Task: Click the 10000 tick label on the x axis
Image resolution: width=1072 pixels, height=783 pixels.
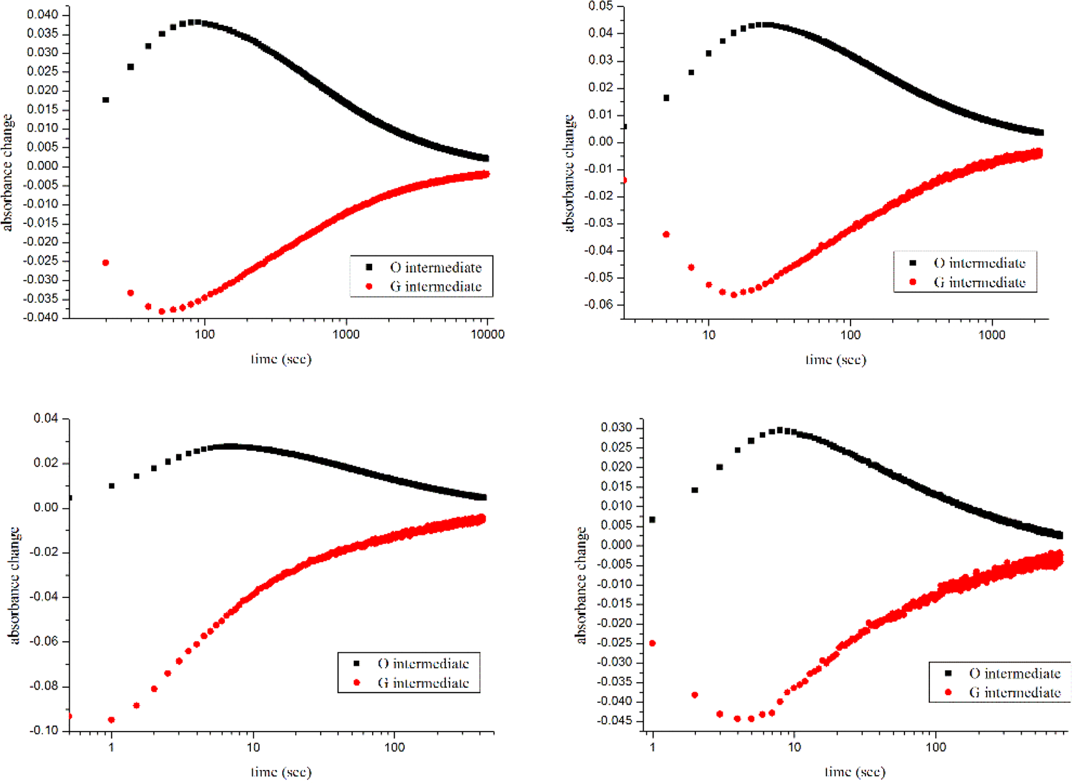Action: [487, 335]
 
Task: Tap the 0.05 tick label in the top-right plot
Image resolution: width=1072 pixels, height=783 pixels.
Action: [601, 6]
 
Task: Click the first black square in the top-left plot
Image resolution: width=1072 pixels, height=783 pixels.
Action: [106, 100]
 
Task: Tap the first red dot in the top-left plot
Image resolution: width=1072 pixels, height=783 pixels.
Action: [106, 263]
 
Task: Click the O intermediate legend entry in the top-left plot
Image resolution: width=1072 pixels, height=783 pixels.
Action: [435, 268]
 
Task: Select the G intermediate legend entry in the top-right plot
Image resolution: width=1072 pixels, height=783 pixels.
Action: [979, 283]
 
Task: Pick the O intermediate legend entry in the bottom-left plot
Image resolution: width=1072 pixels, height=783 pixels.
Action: [423, 664]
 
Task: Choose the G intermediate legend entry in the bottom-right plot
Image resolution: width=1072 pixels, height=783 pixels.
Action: [1014, 692]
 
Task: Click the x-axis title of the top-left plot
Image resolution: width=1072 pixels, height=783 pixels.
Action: [281, 359]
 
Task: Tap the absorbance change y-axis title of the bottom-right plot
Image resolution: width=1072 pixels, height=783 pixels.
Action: [581, 586]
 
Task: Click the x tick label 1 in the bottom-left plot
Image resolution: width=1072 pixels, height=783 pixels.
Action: [111, 747]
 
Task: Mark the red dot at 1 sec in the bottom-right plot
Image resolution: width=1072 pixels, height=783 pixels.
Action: [652, 644]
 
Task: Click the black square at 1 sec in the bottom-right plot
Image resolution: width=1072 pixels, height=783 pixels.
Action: [652, 520]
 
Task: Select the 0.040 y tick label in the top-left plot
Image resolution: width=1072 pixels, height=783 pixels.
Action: [42, 15]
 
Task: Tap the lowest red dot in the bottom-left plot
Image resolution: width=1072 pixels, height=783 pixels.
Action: [111, 720]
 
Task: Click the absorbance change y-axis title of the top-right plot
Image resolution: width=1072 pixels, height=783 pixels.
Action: [569, 173]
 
